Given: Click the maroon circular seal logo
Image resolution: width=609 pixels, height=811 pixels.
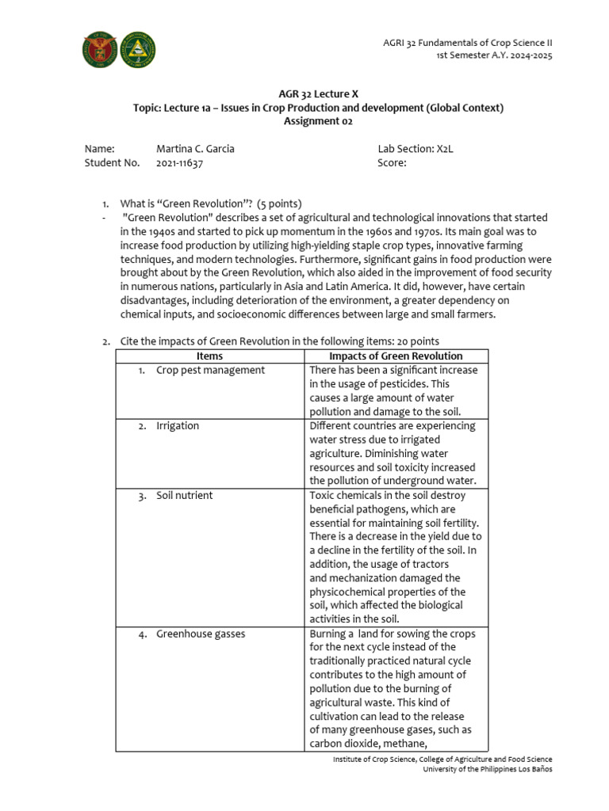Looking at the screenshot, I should [99, 51].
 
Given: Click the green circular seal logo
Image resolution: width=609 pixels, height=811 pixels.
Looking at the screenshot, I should [137, 51].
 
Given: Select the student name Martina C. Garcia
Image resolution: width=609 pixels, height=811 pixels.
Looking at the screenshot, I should [195, 149].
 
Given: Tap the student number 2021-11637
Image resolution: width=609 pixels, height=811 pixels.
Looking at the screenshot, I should [180, 163].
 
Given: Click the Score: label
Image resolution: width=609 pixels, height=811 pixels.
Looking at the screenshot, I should [392, 163].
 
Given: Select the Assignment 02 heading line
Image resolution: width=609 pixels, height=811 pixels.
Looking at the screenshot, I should [318, 121].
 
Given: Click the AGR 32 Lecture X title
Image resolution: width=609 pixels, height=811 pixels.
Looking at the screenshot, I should [318, 93].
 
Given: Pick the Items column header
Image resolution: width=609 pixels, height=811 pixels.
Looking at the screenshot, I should [209, 356].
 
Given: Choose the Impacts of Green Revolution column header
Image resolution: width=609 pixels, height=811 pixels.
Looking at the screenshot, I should [396, 356].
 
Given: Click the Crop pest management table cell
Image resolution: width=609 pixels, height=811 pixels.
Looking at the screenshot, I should [210, 370].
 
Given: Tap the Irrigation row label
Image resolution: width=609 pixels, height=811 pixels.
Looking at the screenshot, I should [178, 425].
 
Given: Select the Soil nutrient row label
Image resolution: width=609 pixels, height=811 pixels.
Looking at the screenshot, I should [184, 495].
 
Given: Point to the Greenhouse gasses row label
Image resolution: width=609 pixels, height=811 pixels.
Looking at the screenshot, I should [200, 634].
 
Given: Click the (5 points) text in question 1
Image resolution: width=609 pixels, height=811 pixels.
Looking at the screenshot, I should [274, 204].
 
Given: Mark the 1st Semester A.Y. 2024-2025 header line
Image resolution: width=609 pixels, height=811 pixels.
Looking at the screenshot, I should [494, 55].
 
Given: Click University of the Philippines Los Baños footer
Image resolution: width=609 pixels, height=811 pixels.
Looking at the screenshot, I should [487, 769].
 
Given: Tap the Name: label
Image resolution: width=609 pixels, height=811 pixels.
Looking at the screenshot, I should [99, 149].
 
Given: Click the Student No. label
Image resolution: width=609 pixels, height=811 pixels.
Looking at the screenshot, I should [112, 163].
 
